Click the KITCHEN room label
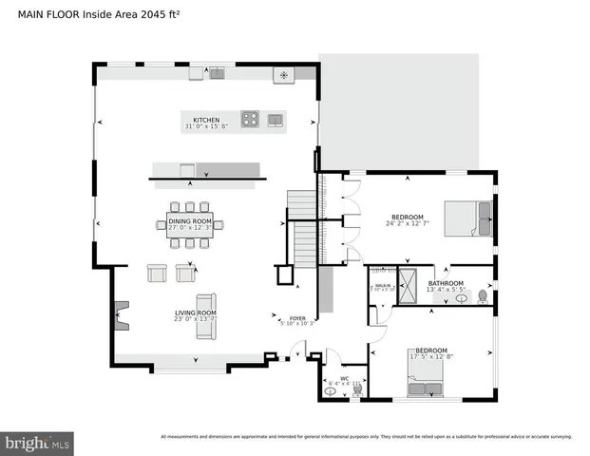(x=206, y=120)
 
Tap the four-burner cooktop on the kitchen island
(x=250, y=120)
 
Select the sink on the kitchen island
(x=276, y=120)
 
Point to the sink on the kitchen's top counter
(x=217, y=72)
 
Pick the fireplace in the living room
(x=120, y=315)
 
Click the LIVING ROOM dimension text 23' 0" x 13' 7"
(x=195, y=319)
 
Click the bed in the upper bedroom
(x=471, y=219)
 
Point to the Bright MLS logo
(x=38, y=442)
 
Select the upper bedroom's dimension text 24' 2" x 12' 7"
(x=408, y=223)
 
